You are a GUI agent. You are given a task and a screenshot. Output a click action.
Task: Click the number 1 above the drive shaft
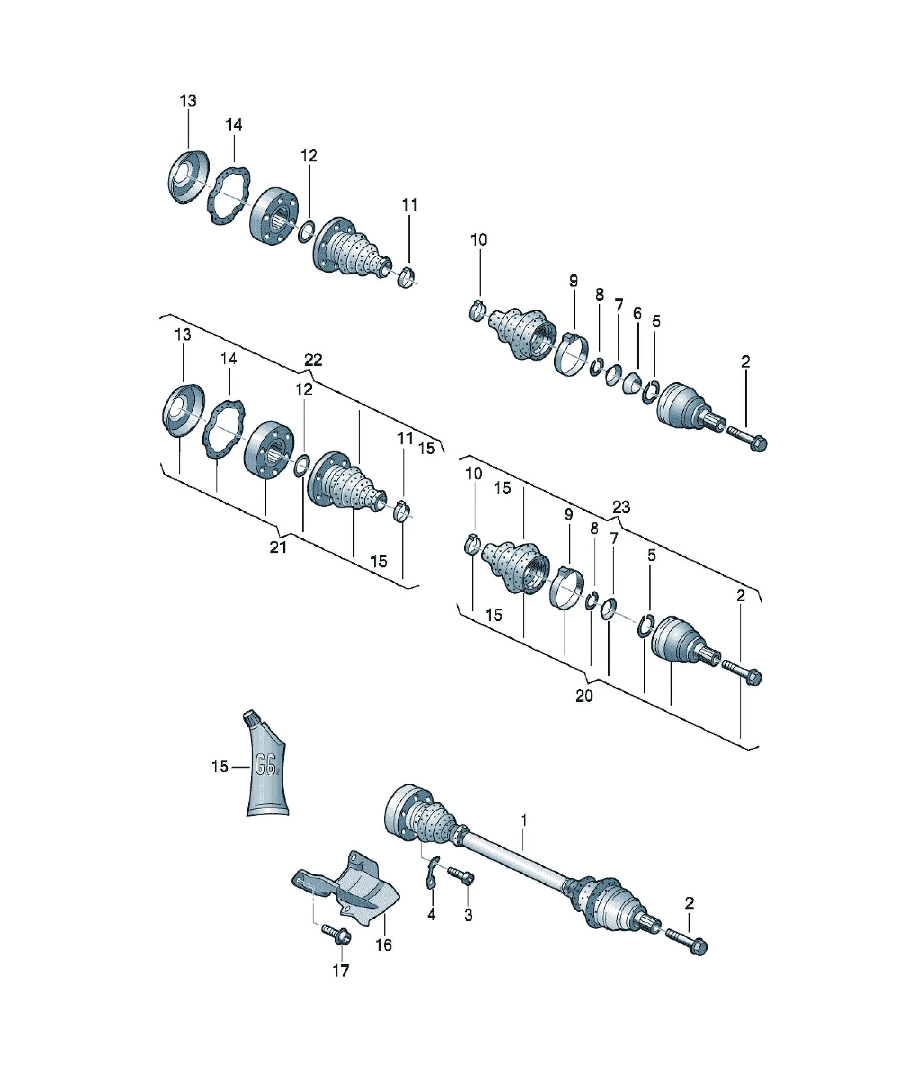[524, 821]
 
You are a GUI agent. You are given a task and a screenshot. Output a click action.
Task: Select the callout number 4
[431, 914]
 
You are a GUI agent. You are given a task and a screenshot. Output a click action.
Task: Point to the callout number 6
[637, 313]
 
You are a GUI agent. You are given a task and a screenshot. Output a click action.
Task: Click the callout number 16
[383, 945]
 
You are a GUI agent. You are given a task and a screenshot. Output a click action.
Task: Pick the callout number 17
[340, 971]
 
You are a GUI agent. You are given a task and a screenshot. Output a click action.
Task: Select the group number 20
[584, 696]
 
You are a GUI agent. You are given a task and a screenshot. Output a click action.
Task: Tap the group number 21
[278, 547]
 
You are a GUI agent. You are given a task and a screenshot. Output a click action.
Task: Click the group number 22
[313, 360]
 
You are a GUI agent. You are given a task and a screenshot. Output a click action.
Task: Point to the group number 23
[621, 507]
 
